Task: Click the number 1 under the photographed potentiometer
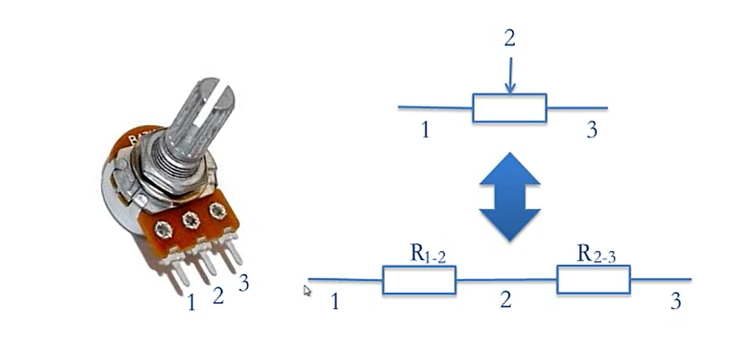point(192,303)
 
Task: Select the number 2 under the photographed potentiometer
point(218,296)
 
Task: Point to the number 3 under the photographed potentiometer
point(244,283)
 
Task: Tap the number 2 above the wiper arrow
point(509,39)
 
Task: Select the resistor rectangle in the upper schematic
point(510,108)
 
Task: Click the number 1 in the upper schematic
point(424,130)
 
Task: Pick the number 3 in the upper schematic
point(592,130)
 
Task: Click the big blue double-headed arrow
point(510,196)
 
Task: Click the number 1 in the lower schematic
point(335,302)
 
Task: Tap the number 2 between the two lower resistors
point(506,300)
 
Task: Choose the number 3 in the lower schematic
point(676,302)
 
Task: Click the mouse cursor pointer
point(307,291)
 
